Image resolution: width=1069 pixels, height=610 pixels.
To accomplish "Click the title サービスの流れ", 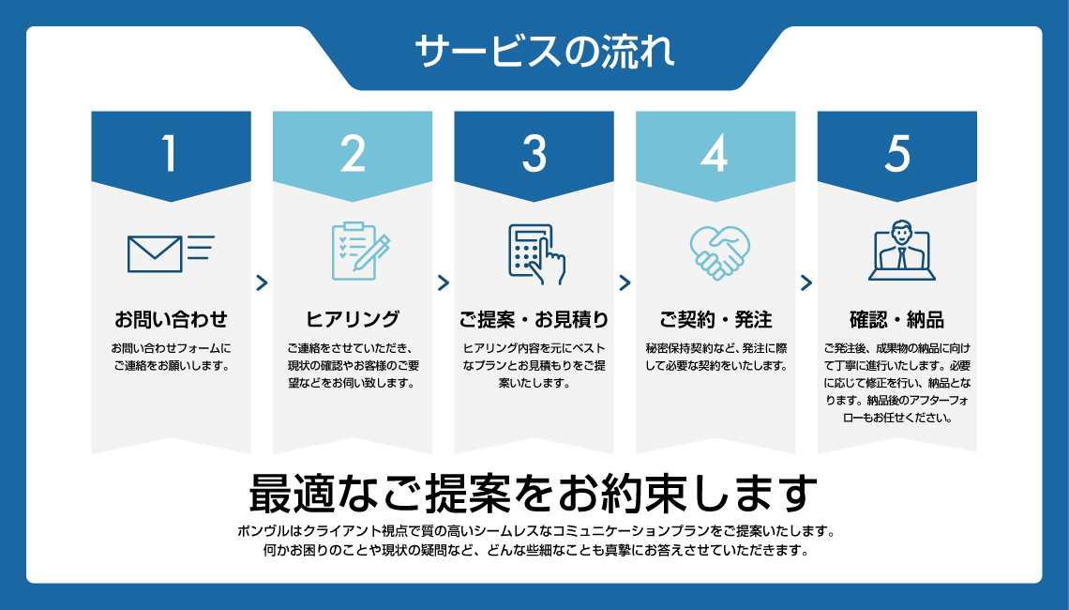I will tap(543, 52).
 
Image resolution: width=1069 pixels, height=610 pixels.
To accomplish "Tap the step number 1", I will tap(169, 154).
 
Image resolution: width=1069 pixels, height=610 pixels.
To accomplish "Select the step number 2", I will tap(353, 154).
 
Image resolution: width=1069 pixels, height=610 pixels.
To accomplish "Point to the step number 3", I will tap(534, 154).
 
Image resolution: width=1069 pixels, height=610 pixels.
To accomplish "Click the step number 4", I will tap(715, 154).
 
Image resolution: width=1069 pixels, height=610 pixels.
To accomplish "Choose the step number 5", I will tap(896, 154).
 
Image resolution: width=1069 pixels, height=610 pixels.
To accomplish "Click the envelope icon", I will tap(155, 252).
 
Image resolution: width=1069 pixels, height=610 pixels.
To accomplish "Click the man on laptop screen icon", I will tap(898, 251).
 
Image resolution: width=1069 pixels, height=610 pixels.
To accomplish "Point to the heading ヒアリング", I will tap(353, 319).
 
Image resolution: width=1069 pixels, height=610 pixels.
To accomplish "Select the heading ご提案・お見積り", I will tap(534, 319).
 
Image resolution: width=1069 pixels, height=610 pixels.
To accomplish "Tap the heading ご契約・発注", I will tap(715, 319).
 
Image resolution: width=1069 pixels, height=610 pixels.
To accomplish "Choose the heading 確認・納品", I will tap(896, 319).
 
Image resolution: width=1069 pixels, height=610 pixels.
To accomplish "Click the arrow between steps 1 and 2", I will tap(262, 282).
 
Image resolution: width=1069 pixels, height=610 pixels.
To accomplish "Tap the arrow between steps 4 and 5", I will tap(806, 282).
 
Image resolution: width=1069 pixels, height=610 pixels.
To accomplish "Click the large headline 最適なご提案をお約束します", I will tap(534, 492).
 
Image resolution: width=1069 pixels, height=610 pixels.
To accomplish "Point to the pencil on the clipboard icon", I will tap(378, 247).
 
